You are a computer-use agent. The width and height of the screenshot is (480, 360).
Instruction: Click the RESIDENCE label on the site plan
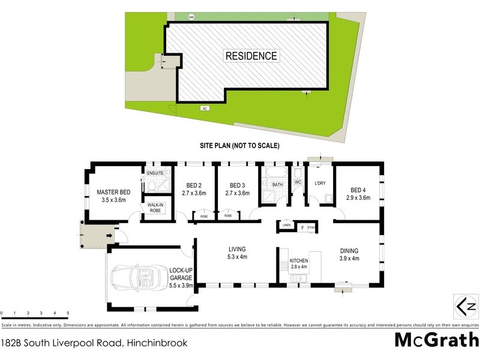coord(251,56)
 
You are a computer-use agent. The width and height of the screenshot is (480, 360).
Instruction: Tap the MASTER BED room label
coord(114,196)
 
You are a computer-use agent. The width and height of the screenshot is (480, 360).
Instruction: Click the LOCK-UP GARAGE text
coord(180,274)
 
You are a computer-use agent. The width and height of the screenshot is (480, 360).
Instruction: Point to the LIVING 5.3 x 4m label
coord(238,253)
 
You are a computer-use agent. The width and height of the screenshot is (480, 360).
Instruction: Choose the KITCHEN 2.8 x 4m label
coord(299,264)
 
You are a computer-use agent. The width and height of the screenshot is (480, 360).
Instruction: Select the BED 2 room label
coord(194,190)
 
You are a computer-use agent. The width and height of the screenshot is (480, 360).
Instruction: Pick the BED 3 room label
coord(237,190)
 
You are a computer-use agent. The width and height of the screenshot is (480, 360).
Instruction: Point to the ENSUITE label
coord(155,173)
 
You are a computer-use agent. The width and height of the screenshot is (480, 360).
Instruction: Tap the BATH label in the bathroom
coord(277,185)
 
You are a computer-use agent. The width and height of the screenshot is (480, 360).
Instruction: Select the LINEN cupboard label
coord(287,226)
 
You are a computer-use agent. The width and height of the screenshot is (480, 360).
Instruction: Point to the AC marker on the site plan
coord(205,108)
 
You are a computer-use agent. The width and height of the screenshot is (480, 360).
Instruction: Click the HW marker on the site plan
coord(192,17)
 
